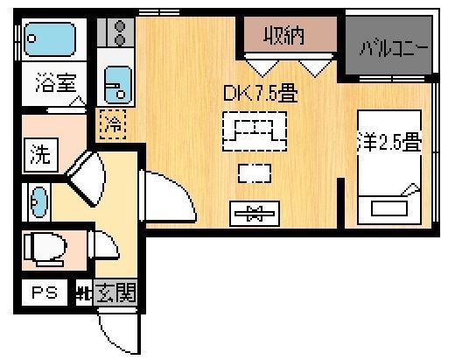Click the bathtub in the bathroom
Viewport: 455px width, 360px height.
50,39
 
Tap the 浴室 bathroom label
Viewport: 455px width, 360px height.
56,82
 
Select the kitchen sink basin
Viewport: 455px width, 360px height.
118,85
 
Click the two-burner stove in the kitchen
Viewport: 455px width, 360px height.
115,32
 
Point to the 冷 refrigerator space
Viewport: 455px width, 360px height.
113,124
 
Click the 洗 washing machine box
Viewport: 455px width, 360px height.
41,155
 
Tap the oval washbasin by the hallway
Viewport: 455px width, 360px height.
39,202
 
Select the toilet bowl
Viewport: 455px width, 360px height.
45,250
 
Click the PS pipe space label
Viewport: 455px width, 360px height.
45,293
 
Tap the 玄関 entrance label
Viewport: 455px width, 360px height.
116,293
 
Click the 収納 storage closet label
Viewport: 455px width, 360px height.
283,36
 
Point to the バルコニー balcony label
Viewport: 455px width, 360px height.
395,48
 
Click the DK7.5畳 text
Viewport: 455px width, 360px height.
261,93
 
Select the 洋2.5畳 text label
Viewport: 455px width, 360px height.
389,142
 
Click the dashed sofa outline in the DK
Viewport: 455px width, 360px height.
255,131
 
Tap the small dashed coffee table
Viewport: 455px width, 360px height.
255,173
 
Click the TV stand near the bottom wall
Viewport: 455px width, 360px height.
255,214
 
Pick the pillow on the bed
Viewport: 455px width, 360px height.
389,208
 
